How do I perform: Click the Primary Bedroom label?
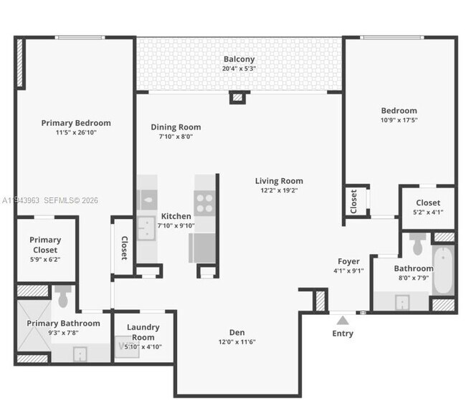tap(76, 123)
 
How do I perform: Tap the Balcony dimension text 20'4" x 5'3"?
tap(239, 69)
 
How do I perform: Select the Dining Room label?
tap(176, 127)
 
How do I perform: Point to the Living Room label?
tap(279, 181)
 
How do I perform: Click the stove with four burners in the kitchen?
tap(204, 204)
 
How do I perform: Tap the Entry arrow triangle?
tap(343, 321)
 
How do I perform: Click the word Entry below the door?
tap(343, 333)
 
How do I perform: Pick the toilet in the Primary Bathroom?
tap(62, 296)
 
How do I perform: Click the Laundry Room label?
tap(143, 332)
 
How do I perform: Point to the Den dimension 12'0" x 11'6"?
tap(237, 342)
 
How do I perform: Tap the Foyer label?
tap(349, 261)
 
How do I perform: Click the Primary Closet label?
tap(45, 245)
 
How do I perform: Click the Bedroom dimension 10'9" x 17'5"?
tap(399, 120)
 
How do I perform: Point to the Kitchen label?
tap(176, 216)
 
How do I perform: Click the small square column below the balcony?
tap(237, 98)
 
